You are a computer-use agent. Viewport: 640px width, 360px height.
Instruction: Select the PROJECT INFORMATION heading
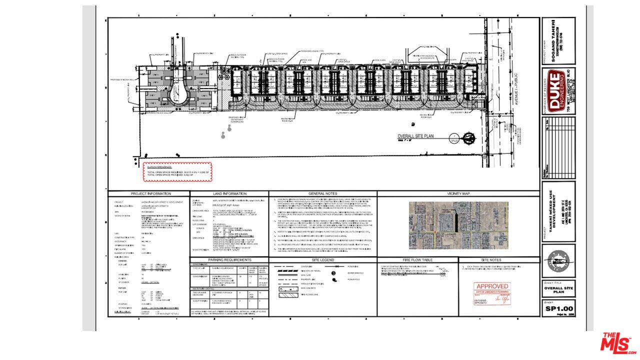click(x=150, y=193)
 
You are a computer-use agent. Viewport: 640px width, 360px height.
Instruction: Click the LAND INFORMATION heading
click(x=229, y=193)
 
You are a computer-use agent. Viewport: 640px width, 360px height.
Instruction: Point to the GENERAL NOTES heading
click(x=323, y=193)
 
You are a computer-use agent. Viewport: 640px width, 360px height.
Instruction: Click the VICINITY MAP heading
click(x=458, y=193)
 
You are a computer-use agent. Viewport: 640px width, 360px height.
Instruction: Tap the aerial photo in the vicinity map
click(x=458, y=225)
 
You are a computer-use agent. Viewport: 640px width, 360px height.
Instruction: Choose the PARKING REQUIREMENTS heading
click(x=229, y=260)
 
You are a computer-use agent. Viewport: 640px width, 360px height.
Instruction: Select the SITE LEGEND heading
click(x=323, y=260)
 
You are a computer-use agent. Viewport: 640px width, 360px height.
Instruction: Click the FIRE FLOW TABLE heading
click(x=417, y=260)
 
